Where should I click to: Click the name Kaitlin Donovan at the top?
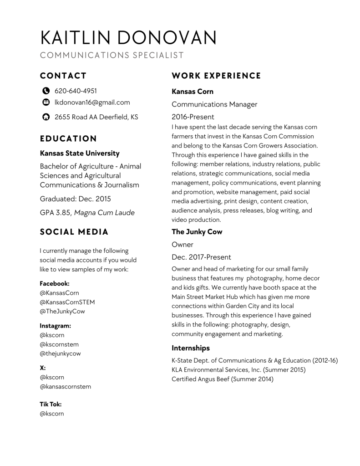(128, 38)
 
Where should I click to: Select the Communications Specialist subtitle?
(112, 56)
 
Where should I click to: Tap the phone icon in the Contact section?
(46, 91)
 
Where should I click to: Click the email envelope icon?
(46, 102)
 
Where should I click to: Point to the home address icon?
(46, 117)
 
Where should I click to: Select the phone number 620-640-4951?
(76, 91)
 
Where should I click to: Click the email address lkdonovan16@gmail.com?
(92, 102)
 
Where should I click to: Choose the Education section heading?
(68, 138)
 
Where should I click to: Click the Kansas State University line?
(80, 154)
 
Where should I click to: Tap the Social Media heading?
(74, 232)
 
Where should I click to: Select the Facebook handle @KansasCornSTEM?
(67, 302)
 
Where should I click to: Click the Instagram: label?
(56, 326)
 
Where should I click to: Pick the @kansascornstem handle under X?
(66, 387)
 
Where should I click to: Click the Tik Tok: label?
(51, 404)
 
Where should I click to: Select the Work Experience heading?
(216, 76)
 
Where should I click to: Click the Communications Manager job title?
(214, 104)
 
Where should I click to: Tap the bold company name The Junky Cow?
(197, 232)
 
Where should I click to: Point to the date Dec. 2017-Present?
(201, 257)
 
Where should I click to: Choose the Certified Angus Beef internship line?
(222, 379)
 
